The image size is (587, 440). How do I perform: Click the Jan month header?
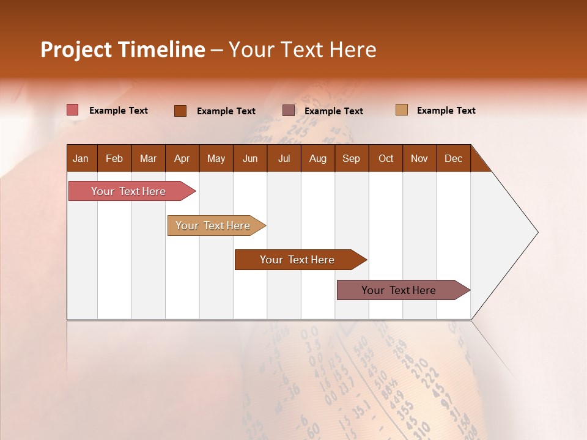tap(81, 158)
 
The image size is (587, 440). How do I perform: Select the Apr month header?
tap(182, 158)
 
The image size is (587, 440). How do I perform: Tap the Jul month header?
tap(284, 158)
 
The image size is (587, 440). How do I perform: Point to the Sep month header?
tap(351, 158)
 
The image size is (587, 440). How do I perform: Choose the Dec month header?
tap(453, 158)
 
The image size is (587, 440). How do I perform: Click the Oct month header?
tap(386, 158)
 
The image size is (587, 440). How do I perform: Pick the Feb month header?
tap(114, 158)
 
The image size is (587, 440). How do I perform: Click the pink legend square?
tap(72, 110)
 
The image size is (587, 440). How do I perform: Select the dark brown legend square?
tap(180, 111)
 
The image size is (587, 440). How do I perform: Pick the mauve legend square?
tap(288, 110)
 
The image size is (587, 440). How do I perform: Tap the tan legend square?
tap(401, 110)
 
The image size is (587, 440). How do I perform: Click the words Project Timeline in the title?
tap(122, 50)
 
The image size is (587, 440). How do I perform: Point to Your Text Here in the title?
tap(303, 50)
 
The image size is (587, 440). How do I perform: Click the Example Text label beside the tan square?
tap(446, 111)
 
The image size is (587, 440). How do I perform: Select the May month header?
tap(216, 158)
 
